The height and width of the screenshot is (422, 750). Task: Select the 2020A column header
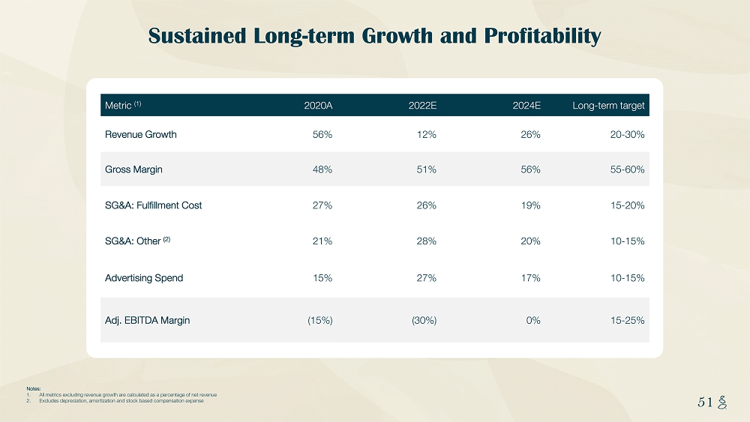318,106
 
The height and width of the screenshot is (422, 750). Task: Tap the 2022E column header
422,106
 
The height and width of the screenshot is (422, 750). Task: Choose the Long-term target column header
608,106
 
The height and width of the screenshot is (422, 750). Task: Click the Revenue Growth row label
141,134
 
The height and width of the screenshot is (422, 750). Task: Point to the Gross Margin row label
133,169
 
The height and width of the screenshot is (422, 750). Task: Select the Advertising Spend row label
144,278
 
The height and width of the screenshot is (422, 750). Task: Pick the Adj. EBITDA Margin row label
148,320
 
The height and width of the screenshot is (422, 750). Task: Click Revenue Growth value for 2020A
322,134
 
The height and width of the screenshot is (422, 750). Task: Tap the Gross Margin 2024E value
530,169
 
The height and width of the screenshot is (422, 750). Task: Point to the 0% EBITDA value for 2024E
532,320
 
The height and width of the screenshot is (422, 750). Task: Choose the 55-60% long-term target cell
628,169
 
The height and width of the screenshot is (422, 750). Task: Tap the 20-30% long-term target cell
628,134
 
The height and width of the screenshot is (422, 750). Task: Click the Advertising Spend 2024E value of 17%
530,278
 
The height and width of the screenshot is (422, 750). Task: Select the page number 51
704,402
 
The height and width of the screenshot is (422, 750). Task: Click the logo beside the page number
721,402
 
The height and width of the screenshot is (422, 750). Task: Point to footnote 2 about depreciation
120,401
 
